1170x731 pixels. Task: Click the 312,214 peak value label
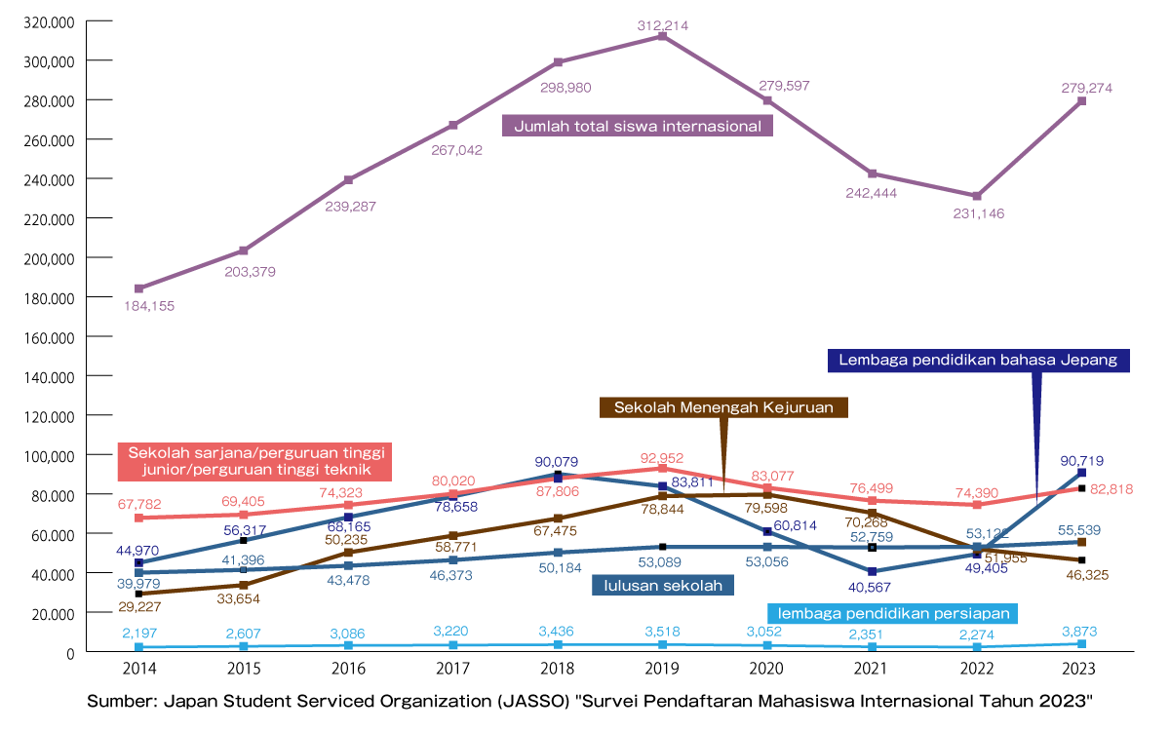[x=662, y=24]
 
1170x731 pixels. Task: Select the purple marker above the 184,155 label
[x=139, y=289]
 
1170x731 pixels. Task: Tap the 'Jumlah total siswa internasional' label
[x=638, y=127]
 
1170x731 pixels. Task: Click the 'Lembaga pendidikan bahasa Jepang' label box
[x=978, y=361]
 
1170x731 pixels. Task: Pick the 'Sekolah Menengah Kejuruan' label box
[x=723, y=407]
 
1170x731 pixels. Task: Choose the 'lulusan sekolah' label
[x=663, y=585]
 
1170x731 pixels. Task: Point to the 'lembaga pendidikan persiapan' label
[x=893, y=614]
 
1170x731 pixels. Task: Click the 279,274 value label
[x=1086, y=88]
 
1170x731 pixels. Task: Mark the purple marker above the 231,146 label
[x=977, y=196]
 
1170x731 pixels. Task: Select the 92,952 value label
[x=662, y=457]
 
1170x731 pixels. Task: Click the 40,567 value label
[x=871, y=588]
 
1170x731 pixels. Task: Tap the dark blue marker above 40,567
[x=872, y=571]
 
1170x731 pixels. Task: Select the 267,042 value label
[x=456, y=151]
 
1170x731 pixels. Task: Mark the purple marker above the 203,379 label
[x=244, y=251]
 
